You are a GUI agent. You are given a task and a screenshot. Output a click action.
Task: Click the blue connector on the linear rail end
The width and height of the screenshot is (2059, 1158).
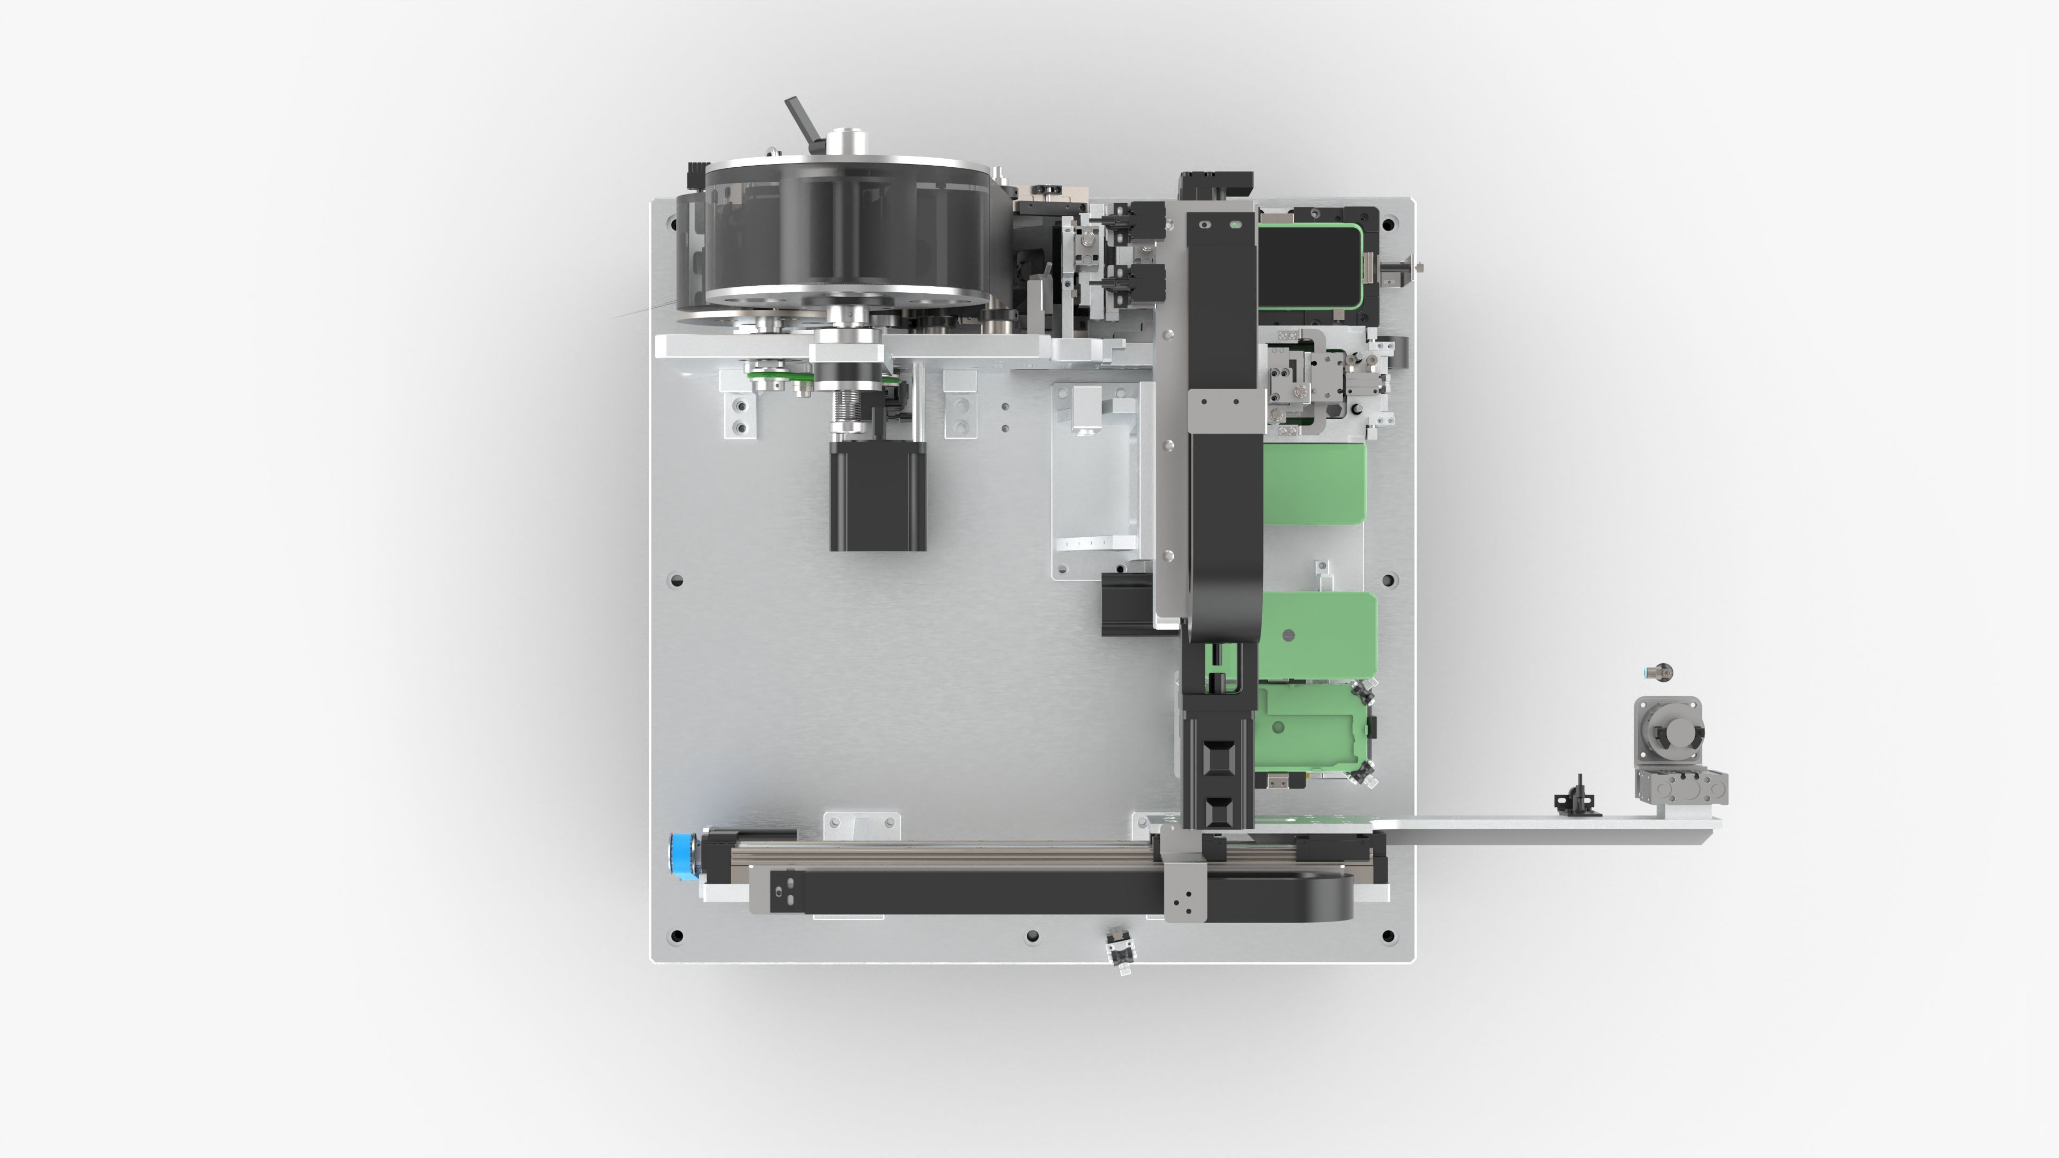coord(683,853)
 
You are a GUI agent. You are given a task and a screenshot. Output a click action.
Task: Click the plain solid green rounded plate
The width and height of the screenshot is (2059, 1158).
coord(1313,484)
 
